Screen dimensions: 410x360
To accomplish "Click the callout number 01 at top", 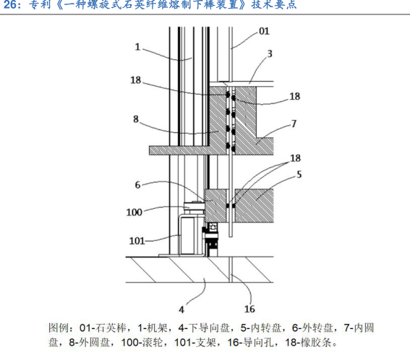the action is pyautogui.click(x=264, y=31).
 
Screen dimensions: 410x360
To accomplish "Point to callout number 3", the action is pyautogui.click(x=270, y=54).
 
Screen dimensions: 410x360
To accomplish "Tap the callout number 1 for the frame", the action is pyautogui.click(x=137, y=47).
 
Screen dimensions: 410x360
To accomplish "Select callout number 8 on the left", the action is pyautogui.click(x=136, y=119).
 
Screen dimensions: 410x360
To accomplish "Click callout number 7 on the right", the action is pyautogui.click(x=294, y=124).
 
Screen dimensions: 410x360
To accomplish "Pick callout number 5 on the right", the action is pyautogui.click(x=299, y=174).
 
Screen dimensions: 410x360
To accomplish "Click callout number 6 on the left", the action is pyautogui.click(x=137, y=185).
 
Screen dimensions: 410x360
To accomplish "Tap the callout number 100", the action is pyautogui.click(x=134, y=212).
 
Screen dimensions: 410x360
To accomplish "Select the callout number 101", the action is pyautogui.click(x=137, y=241).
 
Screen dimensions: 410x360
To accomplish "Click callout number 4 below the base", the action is pyautogui.click(x=181, y=310).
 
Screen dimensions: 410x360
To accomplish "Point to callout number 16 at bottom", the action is pyautogui.click(x=249, y=309).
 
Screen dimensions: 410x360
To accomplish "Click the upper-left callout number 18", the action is pyautogui.click(x=136, y=80).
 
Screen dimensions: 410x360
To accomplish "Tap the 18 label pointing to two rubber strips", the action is pyautogui.click(x=296, y=158).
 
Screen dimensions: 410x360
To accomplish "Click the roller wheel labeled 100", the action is pyautogui.click(x=194, y=207).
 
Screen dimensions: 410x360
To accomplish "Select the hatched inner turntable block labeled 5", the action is pyautogui.click(x=254, y=205).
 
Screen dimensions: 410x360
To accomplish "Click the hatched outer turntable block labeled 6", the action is pyautogui.click(x=215, y=205).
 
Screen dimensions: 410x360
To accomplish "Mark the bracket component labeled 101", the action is pyautogui.click(x=187, y=234).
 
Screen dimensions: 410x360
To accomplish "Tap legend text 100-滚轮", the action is pyautogui.click(x=142, y=343).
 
